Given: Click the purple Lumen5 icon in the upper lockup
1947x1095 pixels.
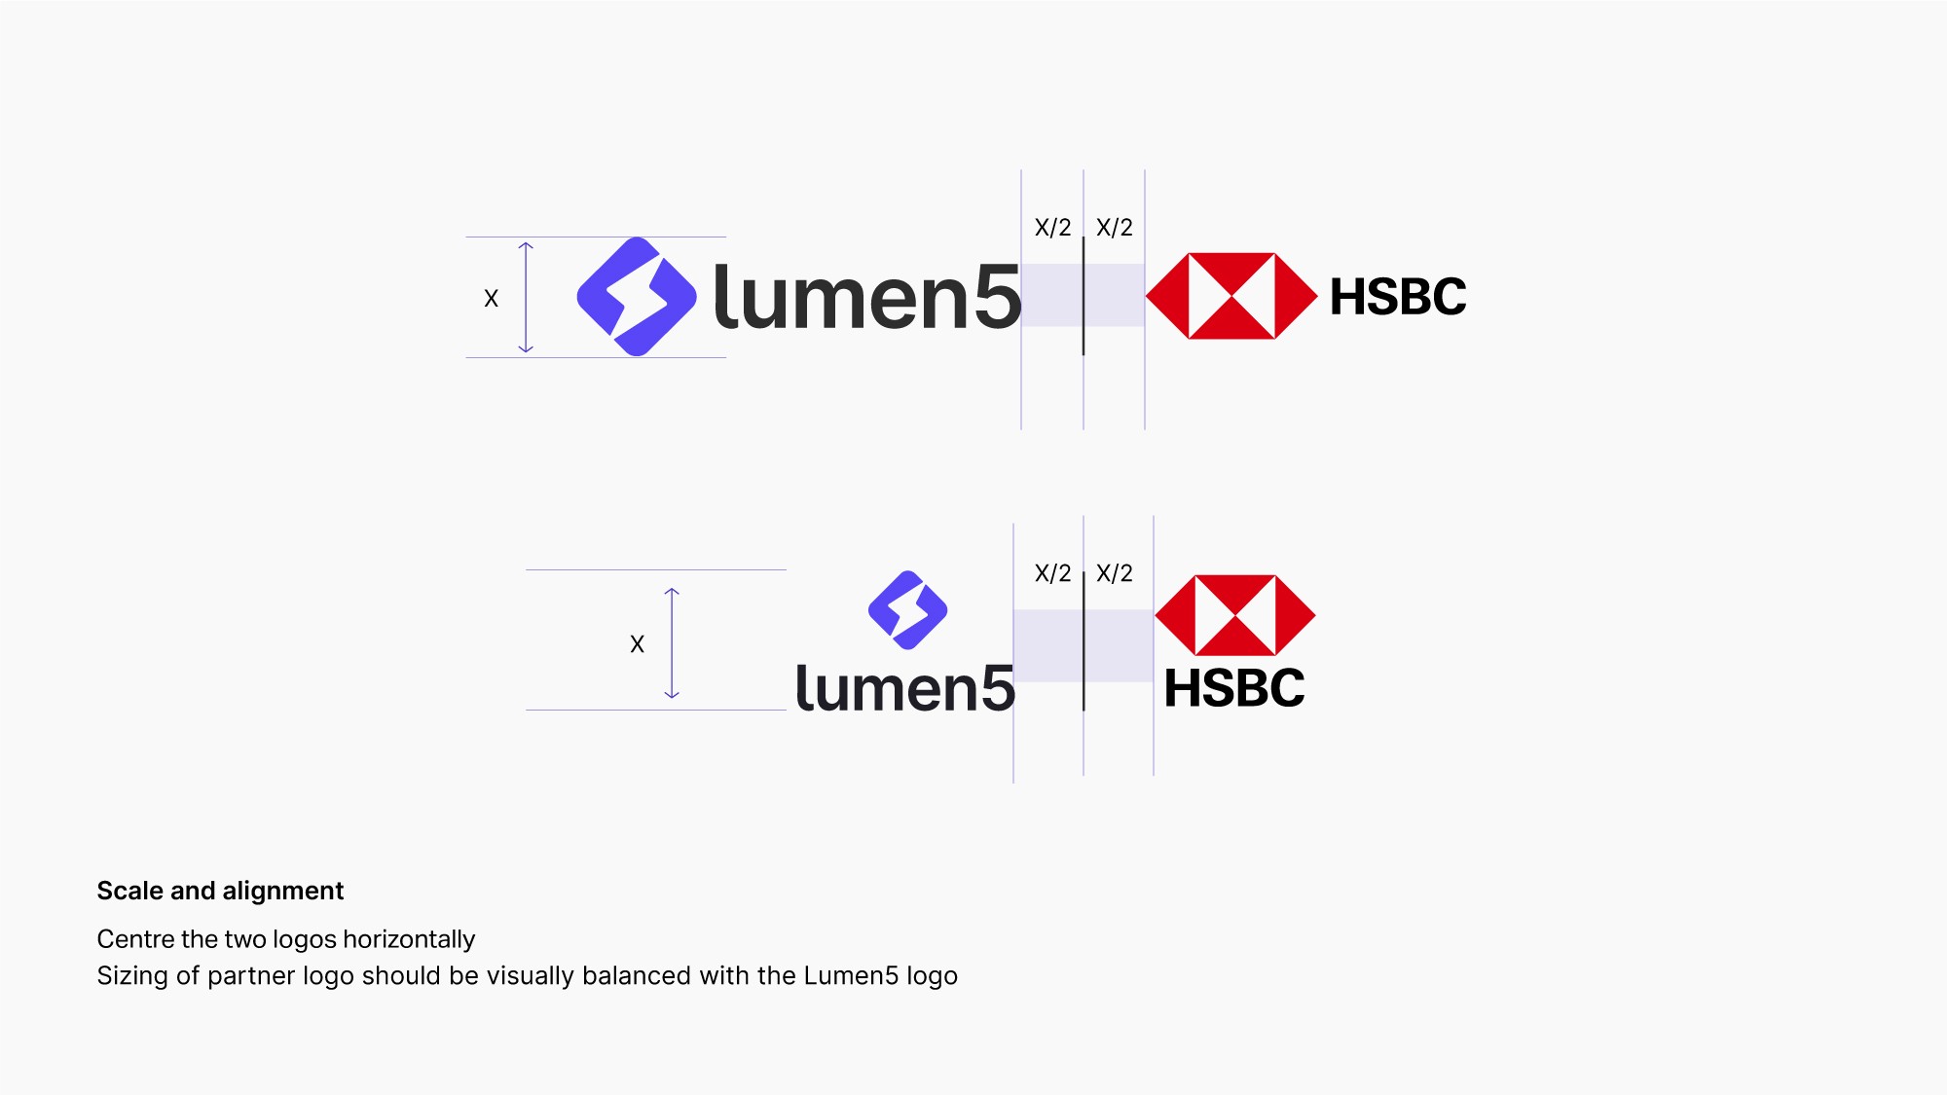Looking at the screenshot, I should tap(637, 297).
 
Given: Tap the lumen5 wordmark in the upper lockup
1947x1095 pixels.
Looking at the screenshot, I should tap(866, 297).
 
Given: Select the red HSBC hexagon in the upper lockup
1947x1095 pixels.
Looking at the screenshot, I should tap(1231, 296).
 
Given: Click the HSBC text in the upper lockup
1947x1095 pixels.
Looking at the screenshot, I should tap(1398, 297).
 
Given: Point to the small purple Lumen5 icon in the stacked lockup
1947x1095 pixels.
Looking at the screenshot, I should tap(907, 610).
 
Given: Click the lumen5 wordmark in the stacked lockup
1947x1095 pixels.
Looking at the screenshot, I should tap(904, 688).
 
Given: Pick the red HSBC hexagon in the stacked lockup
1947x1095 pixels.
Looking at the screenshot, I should tap(1235, 615).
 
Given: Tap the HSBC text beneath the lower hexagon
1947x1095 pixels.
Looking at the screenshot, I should tap(1234, 688).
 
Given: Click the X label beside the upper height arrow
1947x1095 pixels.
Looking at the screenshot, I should tap(491, 299).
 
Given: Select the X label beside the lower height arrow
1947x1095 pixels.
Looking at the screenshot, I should tap(637, 644).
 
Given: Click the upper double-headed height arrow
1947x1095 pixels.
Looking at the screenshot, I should tap(526, 297).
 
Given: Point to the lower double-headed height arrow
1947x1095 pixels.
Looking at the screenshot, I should tap(672, 642).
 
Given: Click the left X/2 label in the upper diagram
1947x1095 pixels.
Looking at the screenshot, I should tap(1052, 228).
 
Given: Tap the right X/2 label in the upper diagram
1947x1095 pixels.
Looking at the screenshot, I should tap(1115, 228).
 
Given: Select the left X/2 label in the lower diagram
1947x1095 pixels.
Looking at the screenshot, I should tap(1052, 573).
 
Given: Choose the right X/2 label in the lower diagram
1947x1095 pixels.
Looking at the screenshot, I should tap(1115, 573).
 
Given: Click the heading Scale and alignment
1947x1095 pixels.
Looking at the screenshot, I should tap(220, 891).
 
